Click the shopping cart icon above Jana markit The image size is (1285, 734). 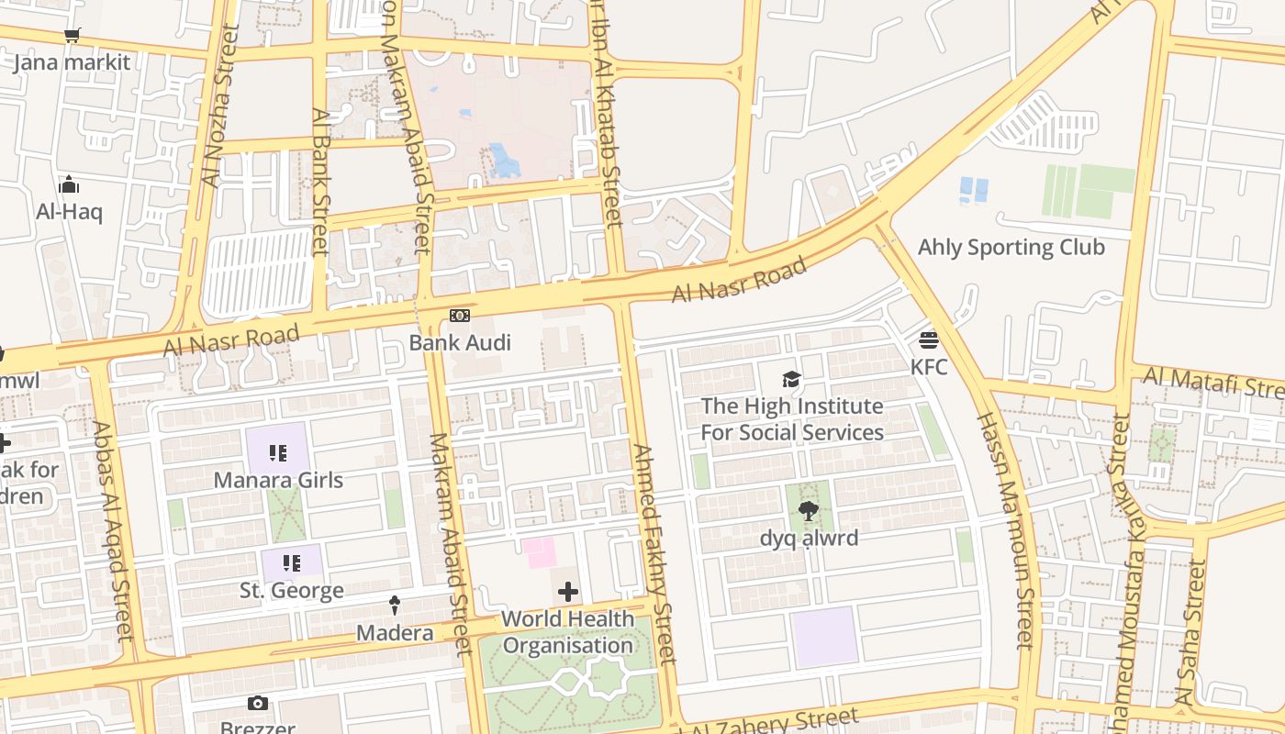tap(72, 36)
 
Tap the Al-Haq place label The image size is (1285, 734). tap(69, 212)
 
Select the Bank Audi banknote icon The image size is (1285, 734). tap(460, 316)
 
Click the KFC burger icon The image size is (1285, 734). tap(928, 340)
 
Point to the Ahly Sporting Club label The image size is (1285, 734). tap(1011, 248)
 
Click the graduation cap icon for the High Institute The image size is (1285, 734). tap(791, 379)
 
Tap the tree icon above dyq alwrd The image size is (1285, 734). tap(809, 511)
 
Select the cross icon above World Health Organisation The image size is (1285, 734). tap(568, 592)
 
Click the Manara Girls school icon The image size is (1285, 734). tap(278, 452)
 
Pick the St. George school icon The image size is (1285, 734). tap(291, 562)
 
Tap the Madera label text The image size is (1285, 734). tap(395, 633)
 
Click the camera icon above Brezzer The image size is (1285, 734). tap(258, 704)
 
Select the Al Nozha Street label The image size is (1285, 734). tap(218, 106)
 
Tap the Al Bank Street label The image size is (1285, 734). tap(319, 181)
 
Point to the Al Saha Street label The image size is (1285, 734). tap(1190, 633)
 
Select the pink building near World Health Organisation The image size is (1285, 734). tap(540, 553)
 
